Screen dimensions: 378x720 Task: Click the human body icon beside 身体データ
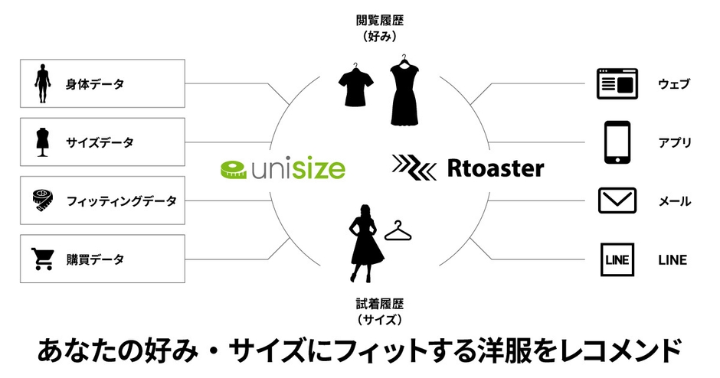pyautogui.click(x=41, y=83)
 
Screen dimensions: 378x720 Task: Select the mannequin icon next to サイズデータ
pyautogui.click(x=41, y=142)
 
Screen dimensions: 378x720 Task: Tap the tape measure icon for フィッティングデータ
pyautogui.click(x=42, y=200)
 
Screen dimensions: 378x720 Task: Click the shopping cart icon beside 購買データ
pyautogui.click(x=41, y=259)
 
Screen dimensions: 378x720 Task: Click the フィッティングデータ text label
pyautogui.click(x=121, y=201)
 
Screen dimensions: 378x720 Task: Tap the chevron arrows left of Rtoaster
pyautogui.click(x=414, y=167)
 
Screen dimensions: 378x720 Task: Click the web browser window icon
pyautogui.click(x=617, y=83)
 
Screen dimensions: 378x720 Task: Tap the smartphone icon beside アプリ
pyautogui.click(x=617, y=142)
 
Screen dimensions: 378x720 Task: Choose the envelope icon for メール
pyautogui.click(x=617, y=201)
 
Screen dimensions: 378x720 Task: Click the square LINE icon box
pyautogui.click(x=617, y=259)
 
